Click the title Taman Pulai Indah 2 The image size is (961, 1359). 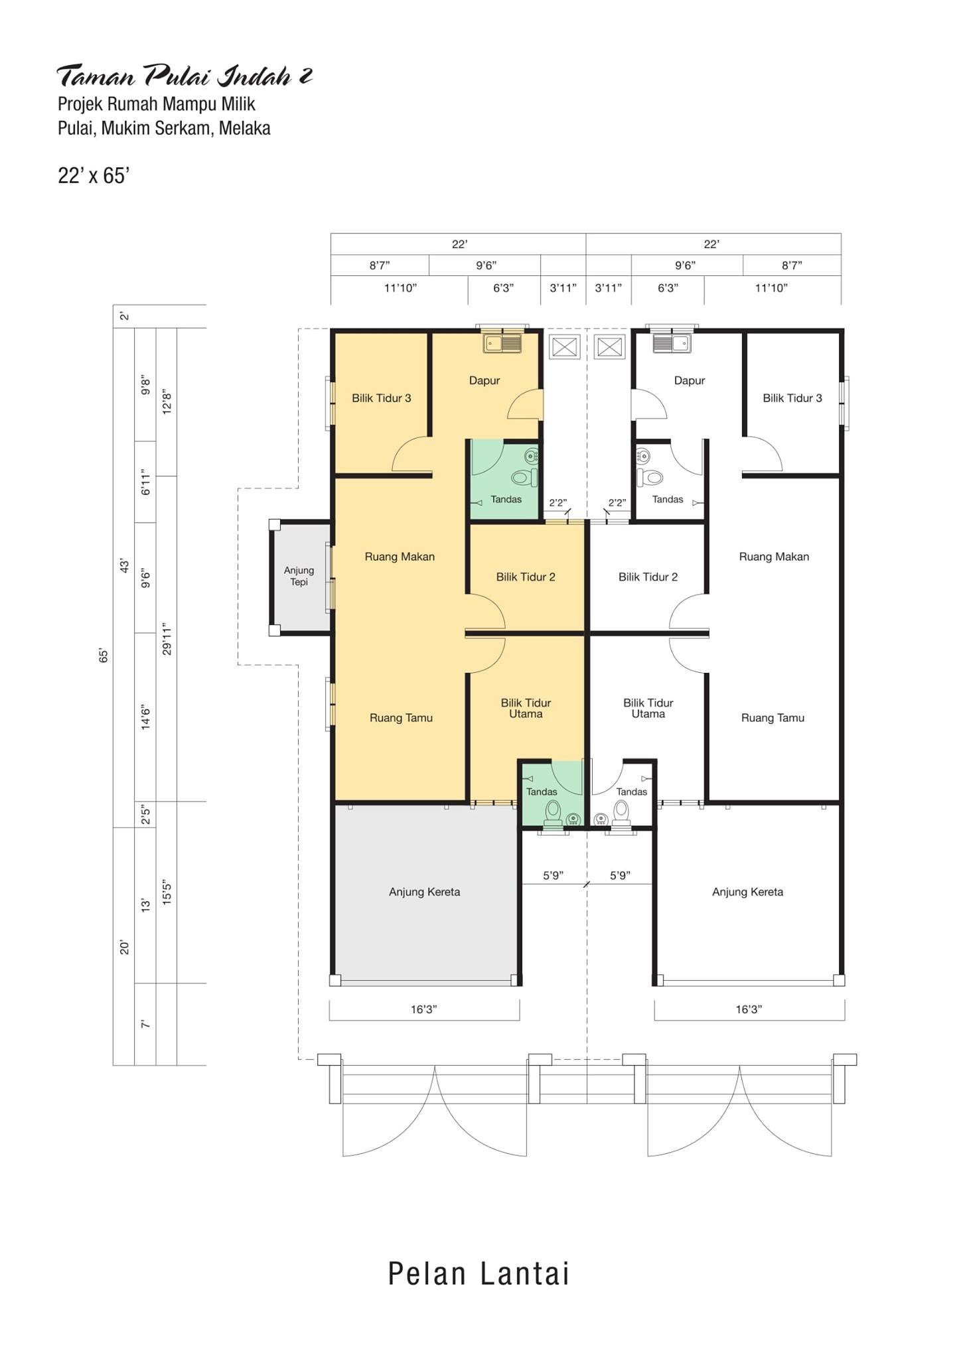184,76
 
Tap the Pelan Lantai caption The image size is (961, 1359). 479,1273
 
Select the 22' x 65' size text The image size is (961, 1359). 93,175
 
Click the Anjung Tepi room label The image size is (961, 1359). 299,576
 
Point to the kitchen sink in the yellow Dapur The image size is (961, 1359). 503,343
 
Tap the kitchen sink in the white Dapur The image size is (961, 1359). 672,343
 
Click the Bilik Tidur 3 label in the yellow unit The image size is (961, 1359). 382,398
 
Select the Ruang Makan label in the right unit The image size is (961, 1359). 774,557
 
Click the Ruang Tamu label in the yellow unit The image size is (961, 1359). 401,718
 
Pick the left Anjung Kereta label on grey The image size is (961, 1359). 424,892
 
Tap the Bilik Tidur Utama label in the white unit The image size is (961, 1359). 648,708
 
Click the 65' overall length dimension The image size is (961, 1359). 104,656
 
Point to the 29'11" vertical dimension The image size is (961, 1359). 167,639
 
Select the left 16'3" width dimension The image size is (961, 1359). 423,1009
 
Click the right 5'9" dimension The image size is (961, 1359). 620,875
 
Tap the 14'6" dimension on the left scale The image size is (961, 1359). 145,719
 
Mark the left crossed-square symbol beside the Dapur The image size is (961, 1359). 565,347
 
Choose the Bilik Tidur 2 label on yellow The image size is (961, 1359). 526,577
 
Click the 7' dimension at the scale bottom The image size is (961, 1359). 145,1025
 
